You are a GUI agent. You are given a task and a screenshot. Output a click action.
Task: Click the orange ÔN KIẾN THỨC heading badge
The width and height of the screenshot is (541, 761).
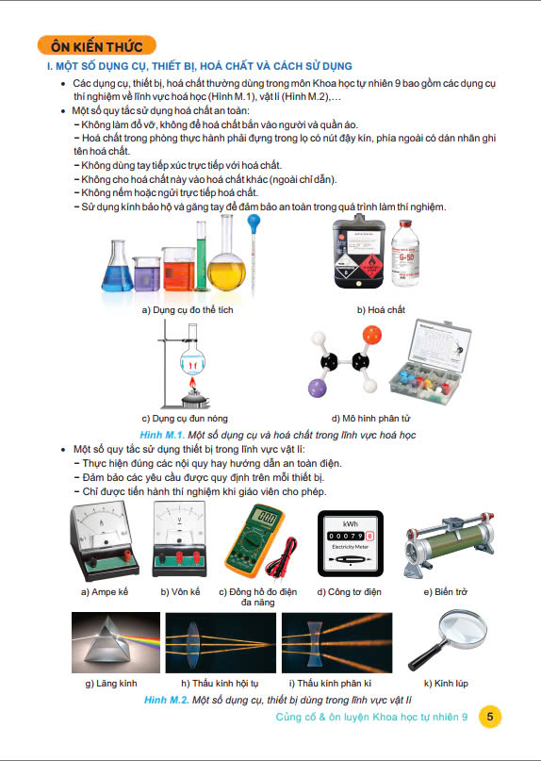coord(96,45)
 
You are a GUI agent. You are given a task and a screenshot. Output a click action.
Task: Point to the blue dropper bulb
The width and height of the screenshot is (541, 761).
coord(254,223)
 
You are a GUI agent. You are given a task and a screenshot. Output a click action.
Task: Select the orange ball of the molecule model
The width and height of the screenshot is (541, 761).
coord(371,335)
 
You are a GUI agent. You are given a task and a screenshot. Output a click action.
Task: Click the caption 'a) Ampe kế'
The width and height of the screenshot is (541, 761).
coord(105,591)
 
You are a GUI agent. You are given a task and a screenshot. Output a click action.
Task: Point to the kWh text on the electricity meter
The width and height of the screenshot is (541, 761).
coord(351,523)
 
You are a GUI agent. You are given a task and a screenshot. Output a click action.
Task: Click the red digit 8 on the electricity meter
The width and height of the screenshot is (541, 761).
coord(371,537)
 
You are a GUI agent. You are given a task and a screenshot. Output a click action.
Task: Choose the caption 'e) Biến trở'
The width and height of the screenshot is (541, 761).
coord(446,591)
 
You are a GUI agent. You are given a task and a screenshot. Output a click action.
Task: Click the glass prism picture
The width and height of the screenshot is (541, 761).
coord(116,642)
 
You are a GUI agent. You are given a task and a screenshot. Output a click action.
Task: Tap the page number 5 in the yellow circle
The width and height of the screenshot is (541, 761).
coord(489,717)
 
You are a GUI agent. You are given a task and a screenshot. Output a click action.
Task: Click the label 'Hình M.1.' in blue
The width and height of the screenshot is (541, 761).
coord(162,435)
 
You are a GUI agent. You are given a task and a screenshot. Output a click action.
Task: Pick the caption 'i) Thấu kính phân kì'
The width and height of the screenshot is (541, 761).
coord(330,684)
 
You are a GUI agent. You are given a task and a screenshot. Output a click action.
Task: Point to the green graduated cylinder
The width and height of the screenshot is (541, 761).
coord(202,256)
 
